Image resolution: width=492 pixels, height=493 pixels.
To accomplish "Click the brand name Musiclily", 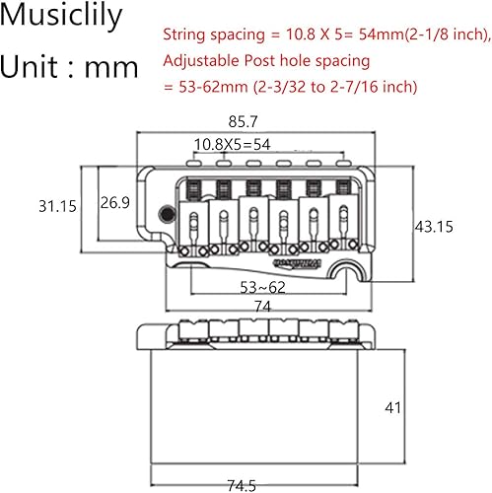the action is point(61,16).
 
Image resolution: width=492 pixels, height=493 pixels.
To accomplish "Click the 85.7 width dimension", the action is point(243,122).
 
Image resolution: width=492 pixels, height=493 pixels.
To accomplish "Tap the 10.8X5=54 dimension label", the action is point(233,145).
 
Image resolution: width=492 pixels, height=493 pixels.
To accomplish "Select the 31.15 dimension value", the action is point(57,206).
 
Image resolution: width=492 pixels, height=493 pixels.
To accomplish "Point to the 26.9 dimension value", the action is point(115,202).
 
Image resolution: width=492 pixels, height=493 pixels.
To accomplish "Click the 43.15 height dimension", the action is point(434,227).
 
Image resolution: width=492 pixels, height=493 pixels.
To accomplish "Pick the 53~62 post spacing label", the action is point(262,288).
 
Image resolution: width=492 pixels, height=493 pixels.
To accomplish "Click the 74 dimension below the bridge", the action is point(262,307).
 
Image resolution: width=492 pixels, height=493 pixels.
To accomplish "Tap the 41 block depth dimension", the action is point(392,408).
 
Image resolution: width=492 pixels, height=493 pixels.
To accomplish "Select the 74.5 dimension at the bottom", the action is point(242,485).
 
